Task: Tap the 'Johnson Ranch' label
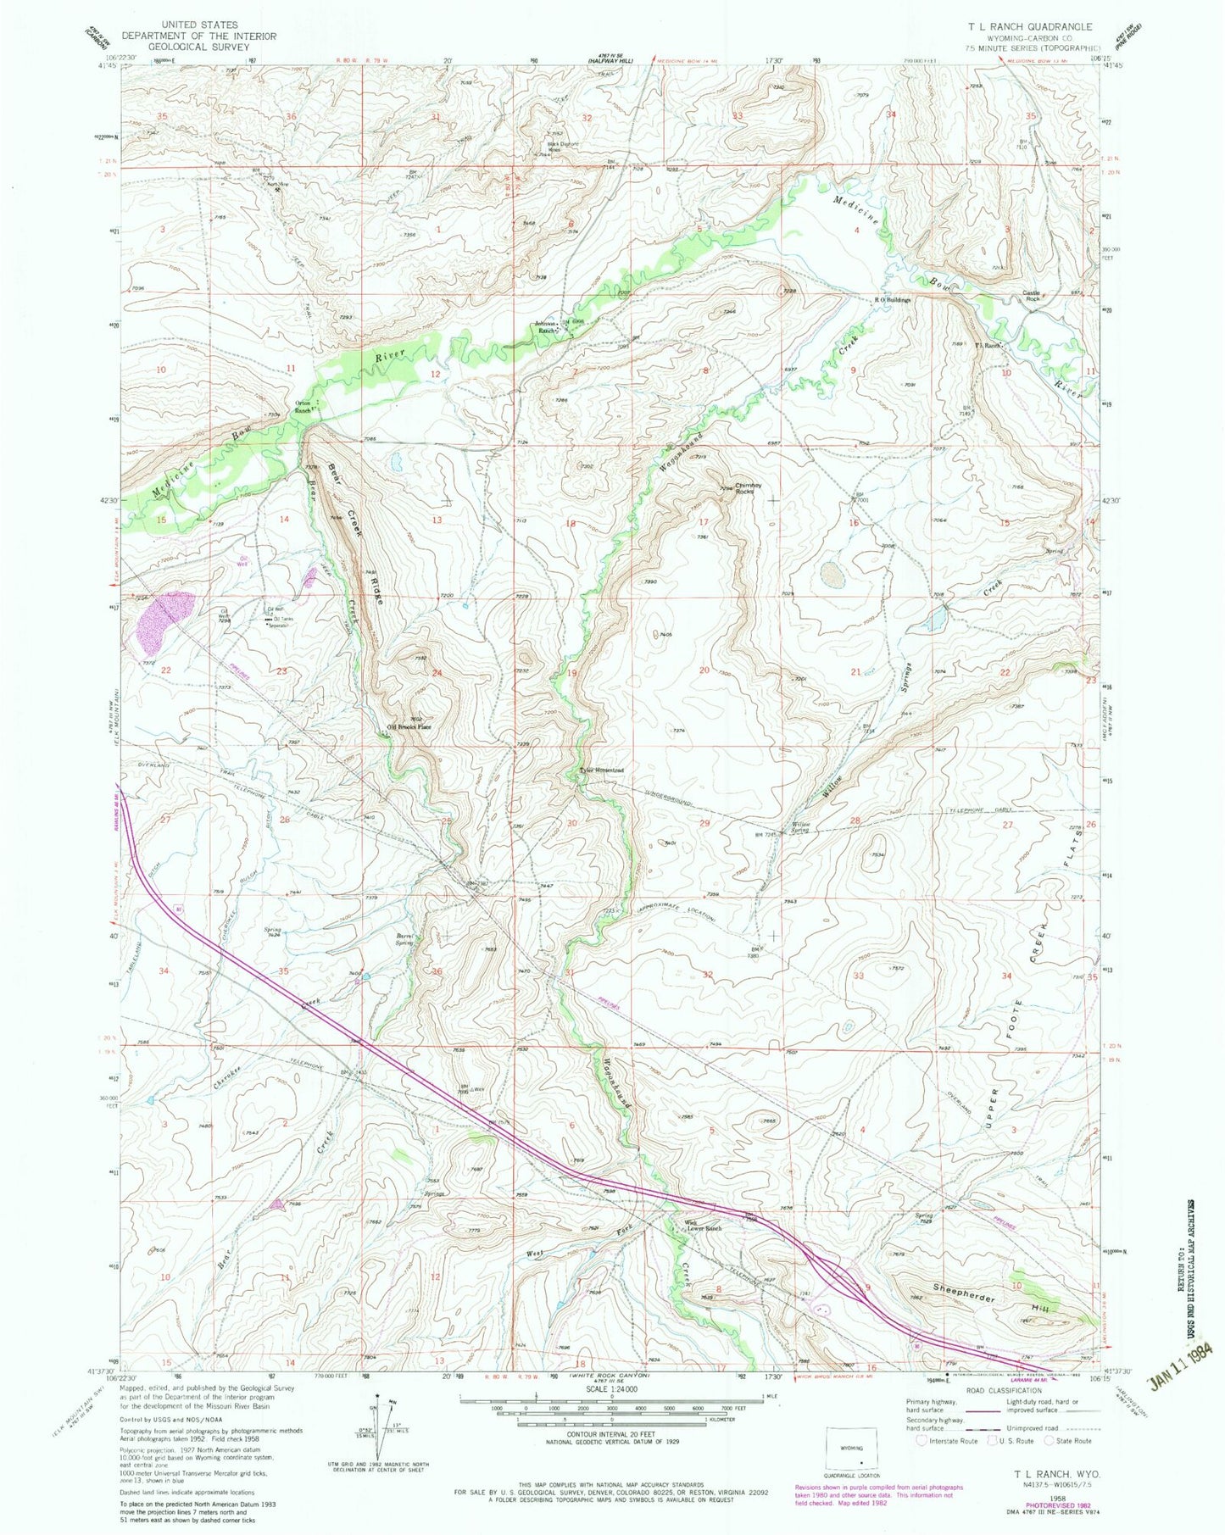coord(547,327)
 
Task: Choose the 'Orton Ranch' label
coord(303,406)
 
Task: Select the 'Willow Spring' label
coord(801,826)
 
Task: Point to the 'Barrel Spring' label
coord(404,939)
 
